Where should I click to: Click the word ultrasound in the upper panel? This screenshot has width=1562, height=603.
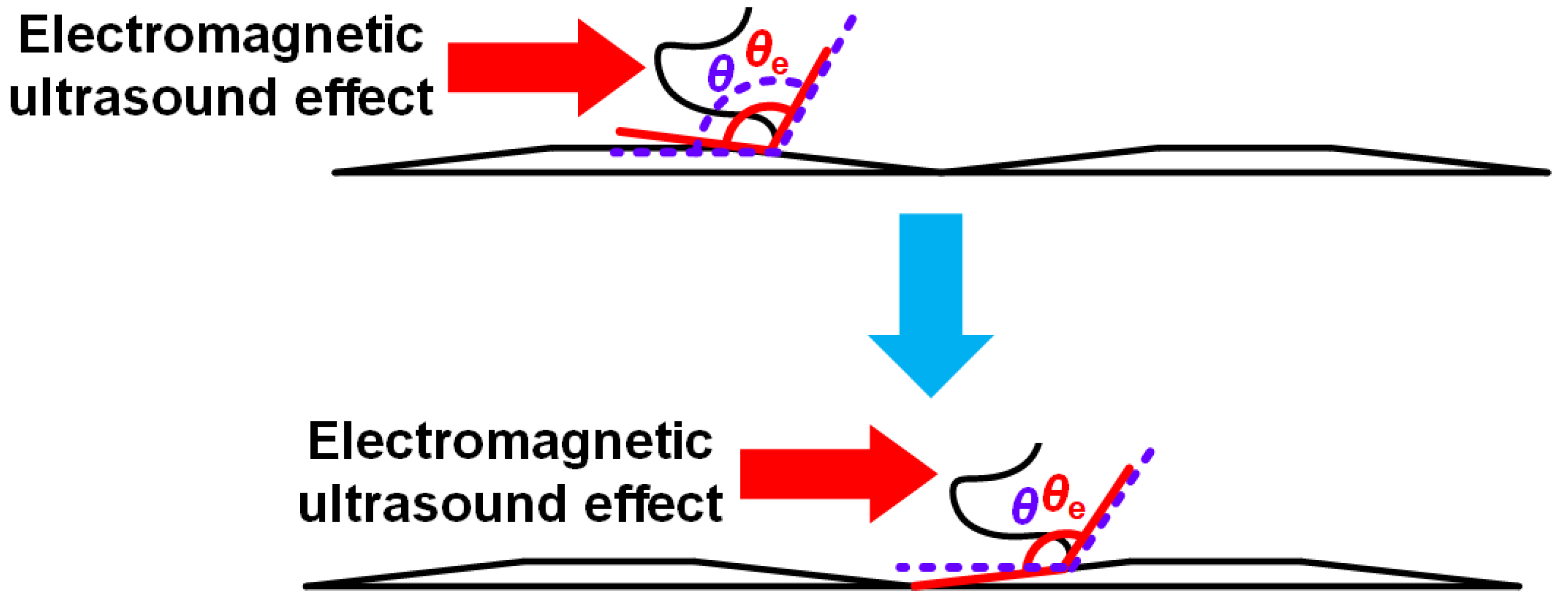point(143,97)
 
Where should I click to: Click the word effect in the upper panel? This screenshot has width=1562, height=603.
point(364,97)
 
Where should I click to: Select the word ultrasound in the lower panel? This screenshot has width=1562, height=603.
point(432,504)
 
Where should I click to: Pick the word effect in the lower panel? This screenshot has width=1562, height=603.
point(653,504)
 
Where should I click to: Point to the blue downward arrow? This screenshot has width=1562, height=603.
point(930,303)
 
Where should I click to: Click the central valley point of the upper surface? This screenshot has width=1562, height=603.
point(941,172)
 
